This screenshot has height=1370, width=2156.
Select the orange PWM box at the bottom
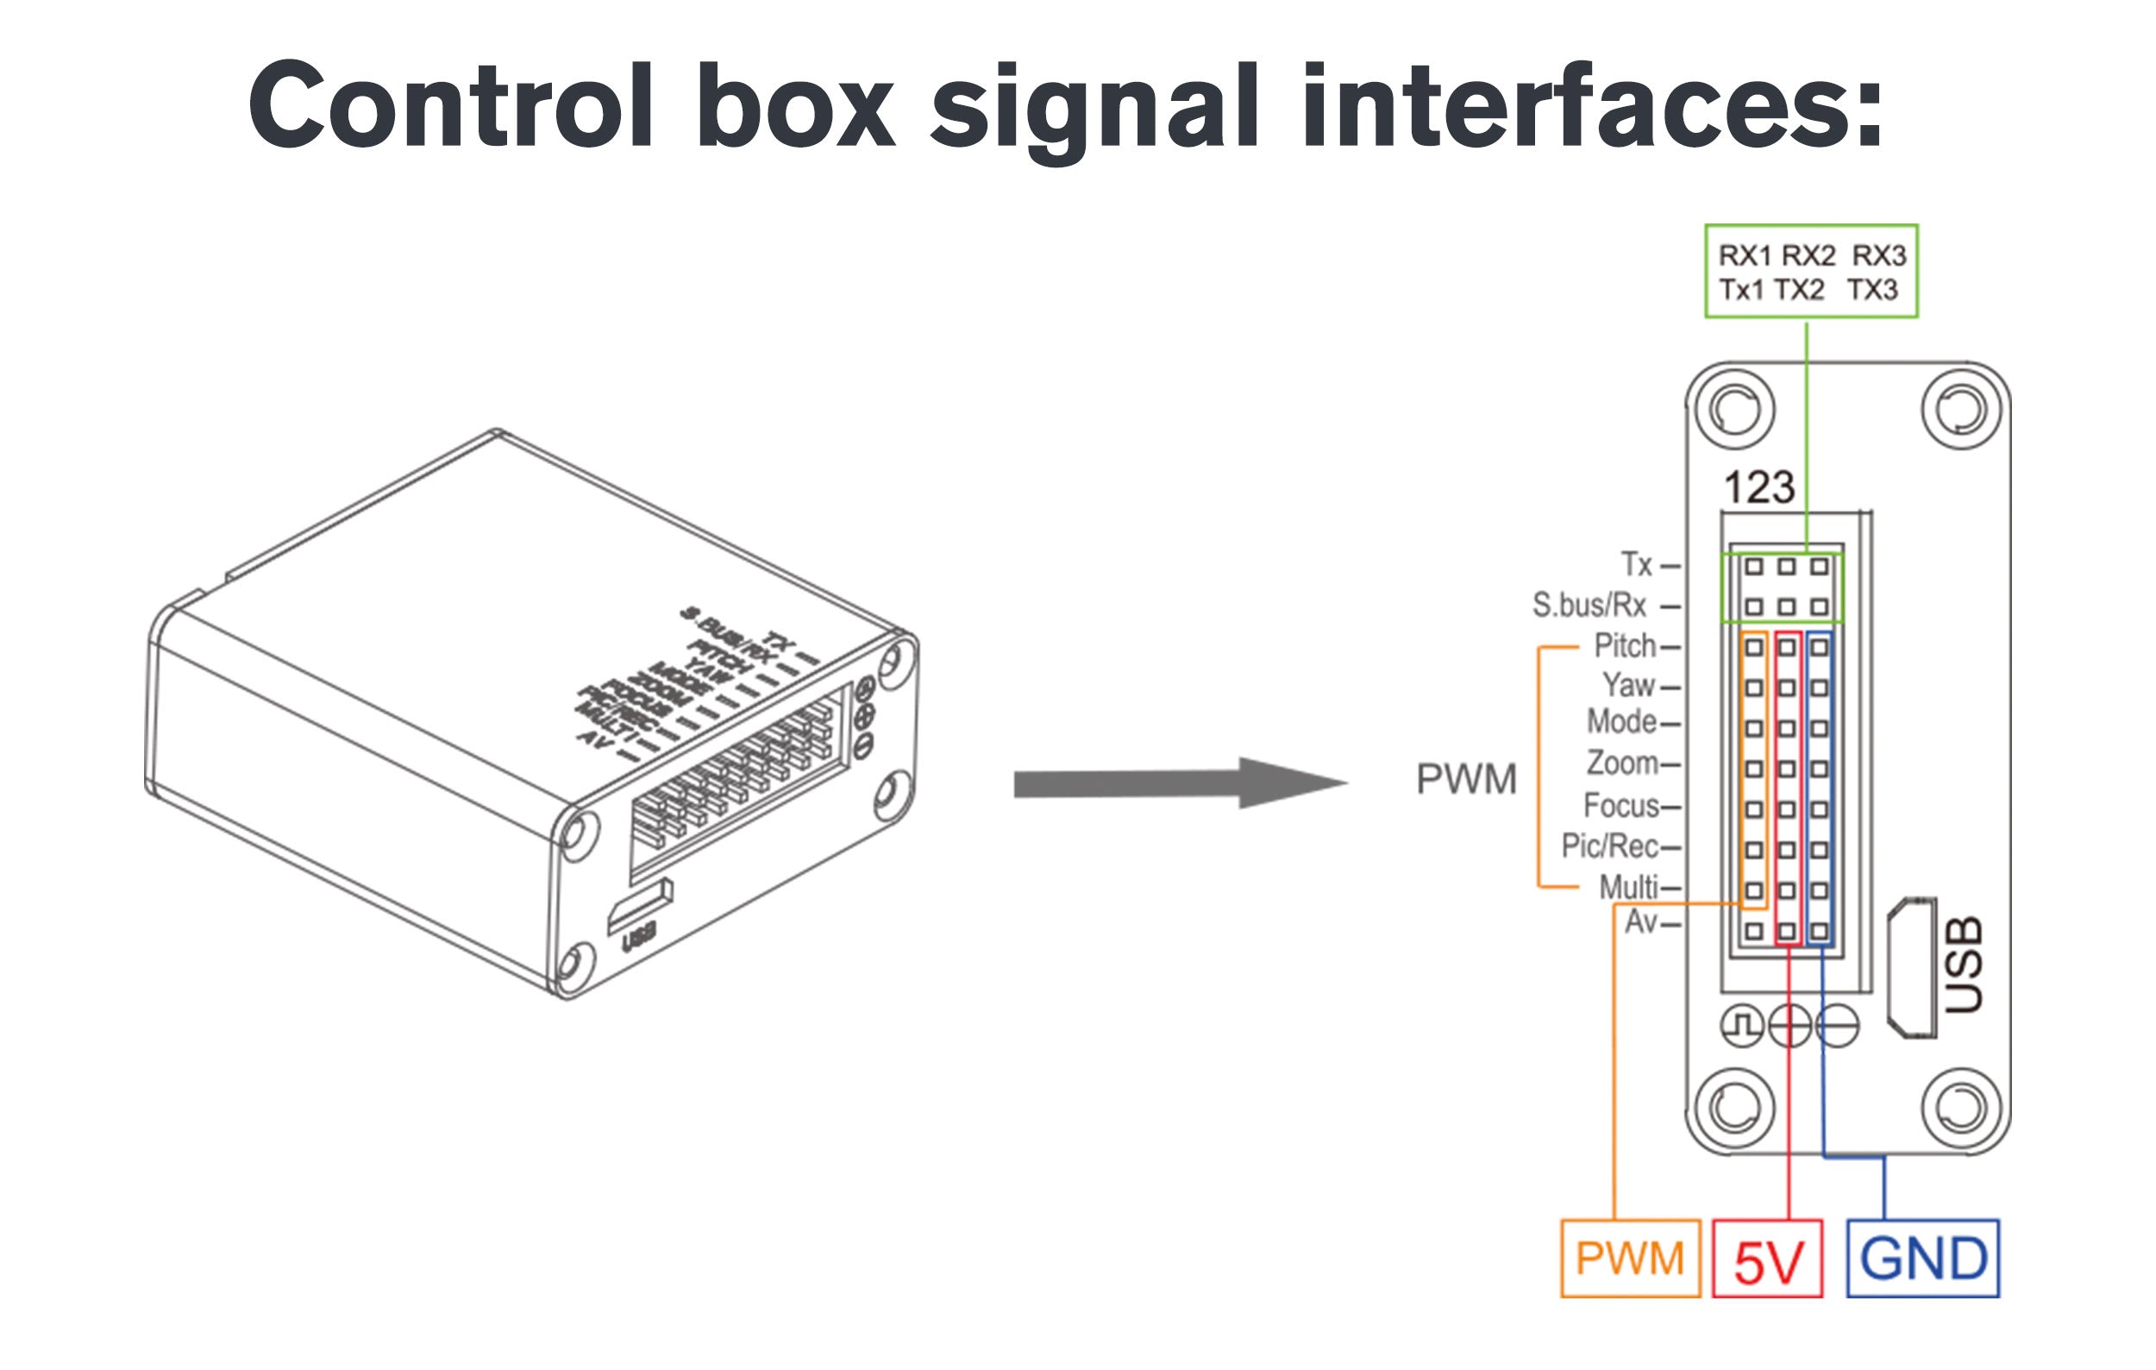1630,1258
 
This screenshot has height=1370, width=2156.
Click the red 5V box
1767,1259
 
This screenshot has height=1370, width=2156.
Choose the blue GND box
1922,1258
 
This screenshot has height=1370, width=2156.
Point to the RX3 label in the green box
1879,256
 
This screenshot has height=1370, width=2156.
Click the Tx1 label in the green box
1740,290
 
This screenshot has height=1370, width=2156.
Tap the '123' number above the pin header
1759,488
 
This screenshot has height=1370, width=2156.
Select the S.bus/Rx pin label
1589,606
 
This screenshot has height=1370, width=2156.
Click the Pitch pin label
1625,645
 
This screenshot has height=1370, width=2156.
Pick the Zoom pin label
1621,763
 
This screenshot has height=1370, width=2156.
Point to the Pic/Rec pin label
1609,845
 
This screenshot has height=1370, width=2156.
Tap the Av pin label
1641,921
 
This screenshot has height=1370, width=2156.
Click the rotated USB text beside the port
1965,965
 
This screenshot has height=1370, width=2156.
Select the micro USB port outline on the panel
1912,968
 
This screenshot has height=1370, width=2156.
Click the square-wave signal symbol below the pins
1742,1026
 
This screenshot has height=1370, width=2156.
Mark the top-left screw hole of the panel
1734,410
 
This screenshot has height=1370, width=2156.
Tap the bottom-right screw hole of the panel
1961,1108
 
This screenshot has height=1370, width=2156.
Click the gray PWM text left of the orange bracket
1467,779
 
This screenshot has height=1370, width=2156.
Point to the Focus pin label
1621,806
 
